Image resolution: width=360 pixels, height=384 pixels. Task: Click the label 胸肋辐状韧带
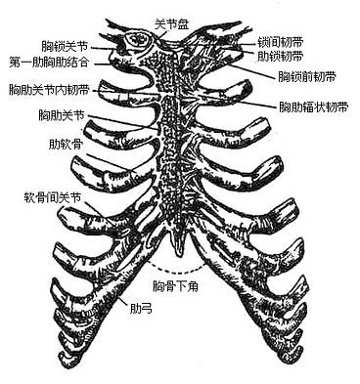pyautogui.click(x=310, y=105)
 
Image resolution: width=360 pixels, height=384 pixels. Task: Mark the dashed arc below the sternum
pyautogui.click(x=176, y=268)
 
